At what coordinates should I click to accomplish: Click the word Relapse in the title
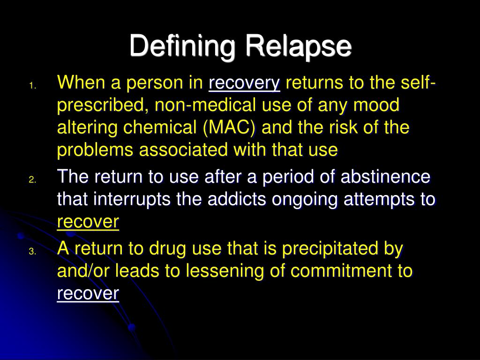coord(297,46)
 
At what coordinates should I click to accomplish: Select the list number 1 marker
coord(32,86)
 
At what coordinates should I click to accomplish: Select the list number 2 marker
coord(32,180)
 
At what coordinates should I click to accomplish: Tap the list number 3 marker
coord(32,251)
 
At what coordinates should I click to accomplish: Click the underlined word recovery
coord(244,83)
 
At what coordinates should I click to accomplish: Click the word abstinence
coord(385,177)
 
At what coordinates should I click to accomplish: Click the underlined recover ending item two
coord(88,222)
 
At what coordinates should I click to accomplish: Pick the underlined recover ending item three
coord(88,293)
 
